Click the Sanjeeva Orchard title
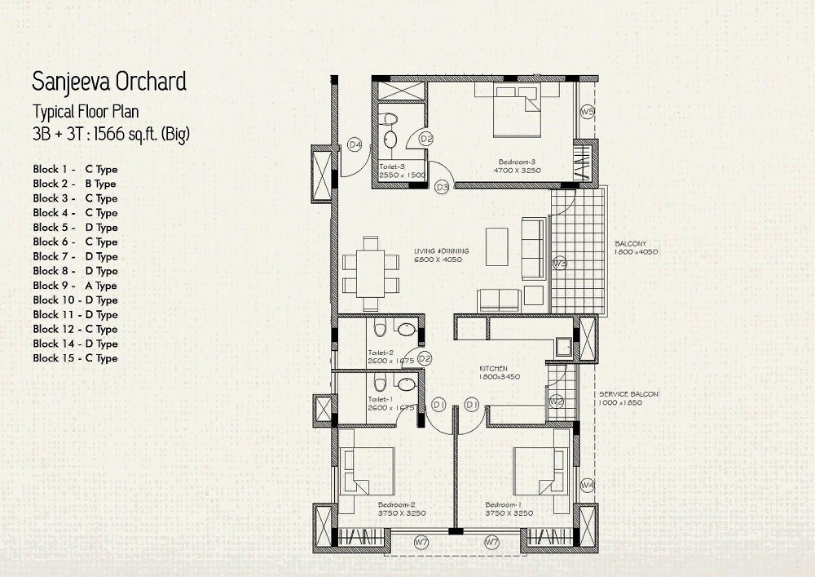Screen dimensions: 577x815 pyautogui.click(x=109, y=82)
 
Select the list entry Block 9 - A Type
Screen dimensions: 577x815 pyautogui.click(x=75, y=286)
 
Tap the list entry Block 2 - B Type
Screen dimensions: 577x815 pyautogui.click(x=75, y=184)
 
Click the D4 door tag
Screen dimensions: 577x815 pyautogui.click(x=355, y=144)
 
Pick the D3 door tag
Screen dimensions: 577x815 pyautogui.click(x=442, y=187)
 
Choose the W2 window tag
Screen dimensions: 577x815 pyautogui.click(x=557, y=401)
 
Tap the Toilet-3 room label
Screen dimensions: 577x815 pyautogui.click(x=391, y=166)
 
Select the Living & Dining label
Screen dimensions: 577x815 pyautogui.click(x=437, y=250)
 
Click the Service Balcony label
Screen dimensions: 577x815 pyautogui.click(x=628, y=394)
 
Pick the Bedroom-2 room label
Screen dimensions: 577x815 pyautogui.click(x=396, y=504)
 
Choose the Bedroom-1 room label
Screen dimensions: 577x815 pyautogui.click(x=504, y=504)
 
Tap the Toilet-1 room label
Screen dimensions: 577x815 pyautogui.click(x=381, y=399)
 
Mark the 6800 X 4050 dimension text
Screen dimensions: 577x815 pyautogui.click(x=438, y=260)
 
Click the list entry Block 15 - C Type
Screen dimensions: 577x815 pyautogui.click(x=75, y=358)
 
